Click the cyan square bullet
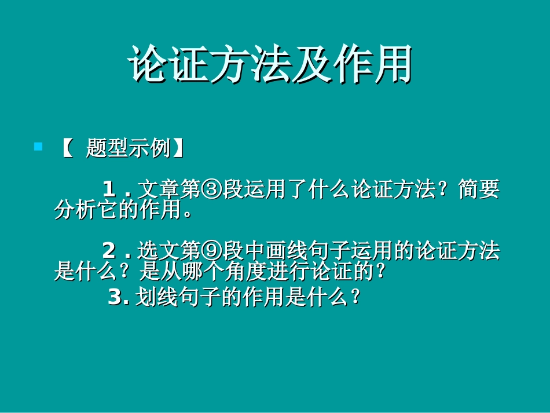point(39,147)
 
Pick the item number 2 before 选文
point(109,251)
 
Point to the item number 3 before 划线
point(115,298)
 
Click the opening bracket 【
point(66,148)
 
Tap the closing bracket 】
point(178,148)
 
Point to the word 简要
point(479,189)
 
